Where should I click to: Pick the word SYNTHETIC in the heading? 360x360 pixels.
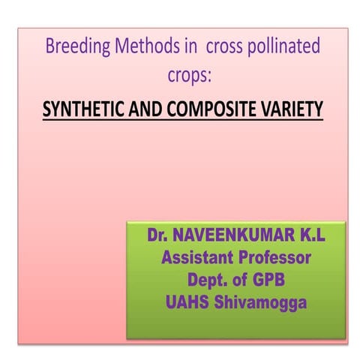(84, 110)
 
